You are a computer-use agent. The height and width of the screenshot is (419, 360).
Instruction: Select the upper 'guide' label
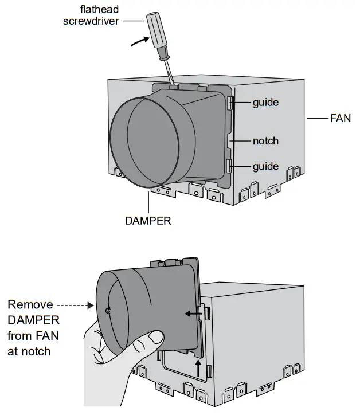pyautogui.click(x=265, y=103)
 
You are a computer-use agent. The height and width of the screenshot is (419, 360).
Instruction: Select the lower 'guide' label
pyautogui.click(x=265, y=166)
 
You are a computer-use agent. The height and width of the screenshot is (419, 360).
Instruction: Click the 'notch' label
pyautogui.click(x=265, y=140)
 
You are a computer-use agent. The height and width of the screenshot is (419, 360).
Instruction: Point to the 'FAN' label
pyautogui.click(x=340, y=119)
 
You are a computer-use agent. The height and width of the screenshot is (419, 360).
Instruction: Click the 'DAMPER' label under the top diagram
pyautogui.click(x=147, y=220)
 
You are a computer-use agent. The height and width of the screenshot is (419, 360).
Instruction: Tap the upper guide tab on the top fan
pyautogui.click(x=230, y=103)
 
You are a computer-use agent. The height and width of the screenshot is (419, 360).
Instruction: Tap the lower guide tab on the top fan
pyautogui.click(x=230, y=166)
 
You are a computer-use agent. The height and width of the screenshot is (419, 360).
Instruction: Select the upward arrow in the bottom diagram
pyautogui.click(x=198, y=367)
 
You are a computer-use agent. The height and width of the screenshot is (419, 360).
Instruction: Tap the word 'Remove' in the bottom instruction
pyautogui.click(x=30, y=304)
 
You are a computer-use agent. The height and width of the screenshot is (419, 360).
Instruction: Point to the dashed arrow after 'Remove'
pyautogui.click(x=75, y=305)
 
